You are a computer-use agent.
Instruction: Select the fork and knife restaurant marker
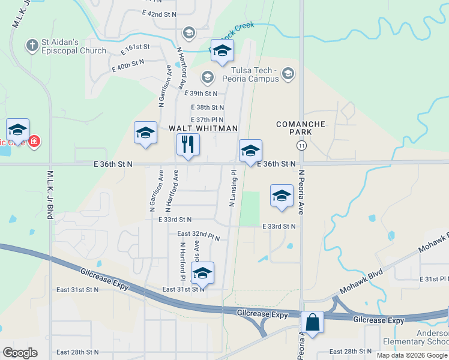188,145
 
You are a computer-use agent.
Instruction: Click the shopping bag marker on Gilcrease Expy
313,322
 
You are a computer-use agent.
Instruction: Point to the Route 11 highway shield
301,146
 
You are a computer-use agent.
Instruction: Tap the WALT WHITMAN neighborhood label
203,128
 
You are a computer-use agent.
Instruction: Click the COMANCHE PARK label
300,128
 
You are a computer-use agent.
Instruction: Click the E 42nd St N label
160,13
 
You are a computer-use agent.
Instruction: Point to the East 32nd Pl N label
198,235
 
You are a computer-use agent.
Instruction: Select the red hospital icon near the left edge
34,142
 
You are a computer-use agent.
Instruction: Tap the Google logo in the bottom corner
20,352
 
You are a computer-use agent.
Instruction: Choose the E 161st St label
134,47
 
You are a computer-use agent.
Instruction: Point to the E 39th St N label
201,94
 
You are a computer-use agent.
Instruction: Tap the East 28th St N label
76,352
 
